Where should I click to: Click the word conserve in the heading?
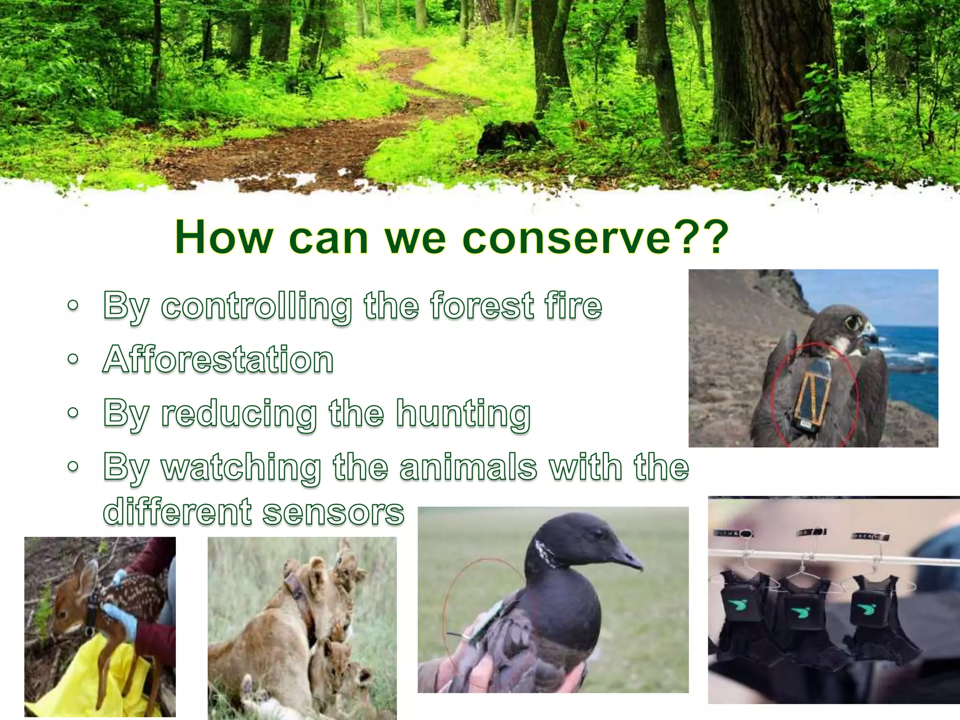(567, 238)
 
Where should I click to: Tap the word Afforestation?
(218, 360)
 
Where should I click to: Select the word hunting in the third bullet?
(463, 413)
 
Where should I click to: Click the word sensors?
(333, 512)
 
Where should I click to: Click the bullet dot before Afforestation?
(73, 360)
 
